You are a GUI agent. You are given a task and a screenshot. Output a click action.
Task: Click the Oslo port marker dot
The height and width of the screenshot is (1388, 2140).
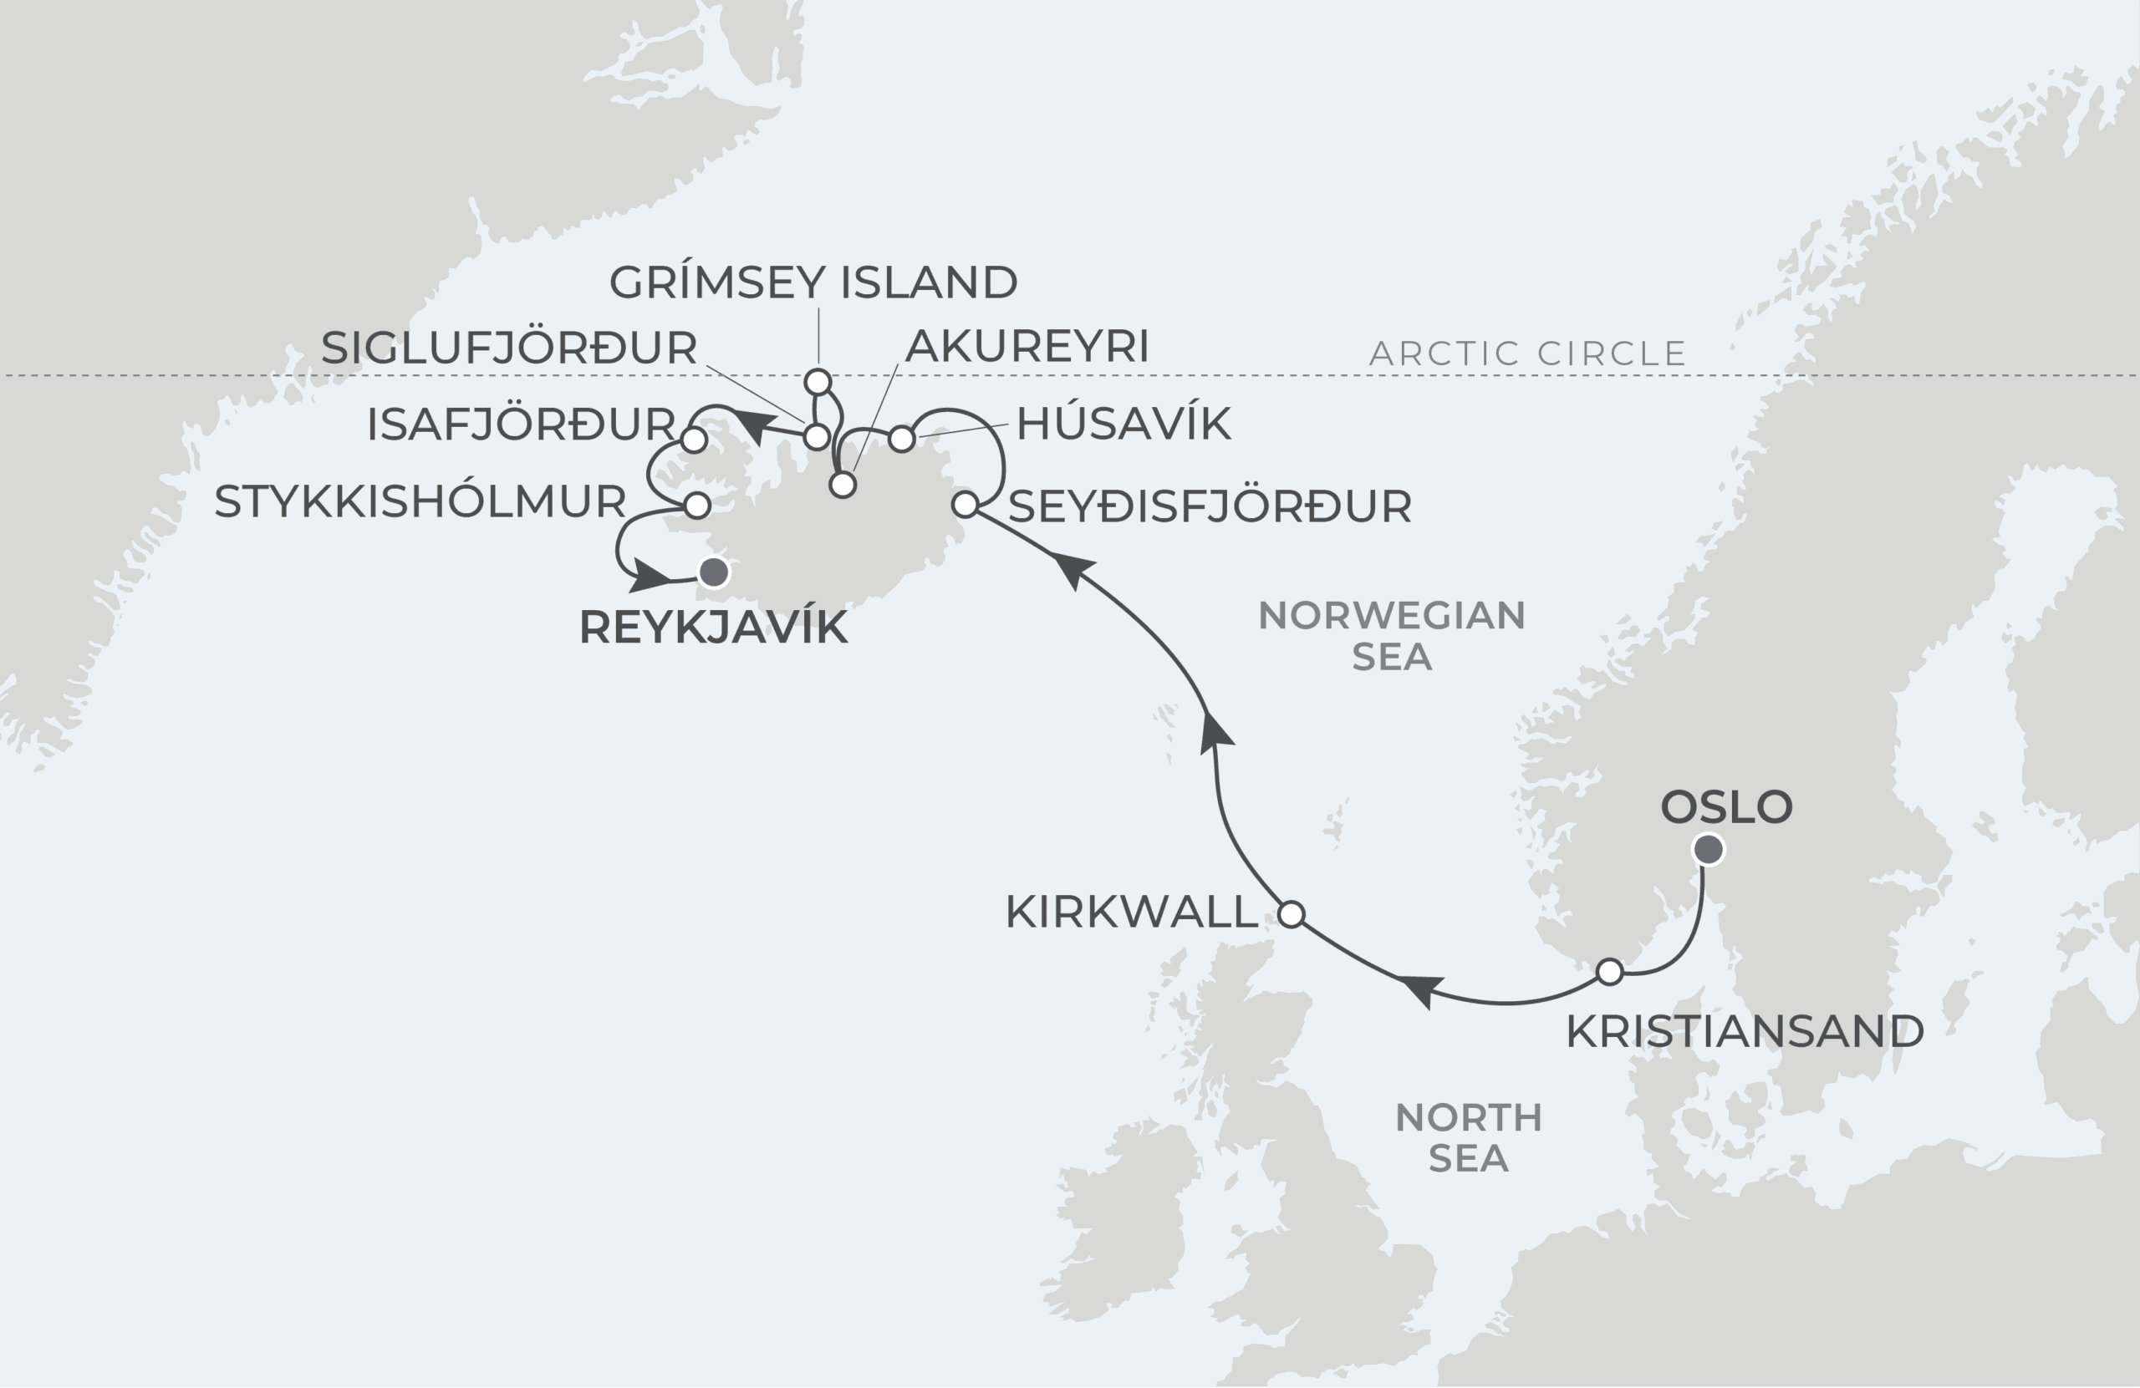(1709, 849)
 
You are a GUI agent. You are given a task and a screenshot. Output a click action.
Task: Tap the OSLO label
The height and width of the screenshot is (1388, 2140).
(1726, 806)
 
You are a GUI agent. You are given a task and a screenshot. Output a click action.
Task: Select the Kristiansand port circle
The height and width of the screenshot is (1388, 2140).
(1609, 972)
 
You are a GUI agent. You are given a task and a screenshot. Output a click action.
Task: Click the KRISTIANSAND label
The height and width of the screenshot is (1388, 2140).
(1745, 1031)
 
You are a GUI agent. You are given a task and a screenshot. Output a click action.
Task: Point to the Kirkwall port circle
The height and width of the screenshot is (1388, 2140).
(1292, 914)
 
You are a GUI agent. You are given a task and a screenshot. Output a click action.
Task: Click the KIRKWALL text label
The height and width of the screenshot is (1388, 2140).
(1131, 913)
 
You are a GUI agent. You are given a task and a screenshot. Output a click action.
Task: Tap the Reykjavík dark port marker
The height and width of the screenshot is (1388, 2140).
(714, 572)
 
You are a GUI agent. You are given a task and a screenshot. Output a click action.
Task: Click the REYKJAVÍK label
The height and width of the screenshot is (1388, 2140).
(713, 628)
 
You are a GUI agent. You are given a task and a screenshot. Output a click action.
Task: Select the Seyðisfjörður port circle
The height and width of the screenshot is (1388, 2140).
(965, 505)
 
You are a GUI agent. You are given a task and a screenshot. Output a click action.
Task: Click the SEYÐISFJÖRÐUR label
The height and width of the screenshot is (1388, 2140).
(1210, 507)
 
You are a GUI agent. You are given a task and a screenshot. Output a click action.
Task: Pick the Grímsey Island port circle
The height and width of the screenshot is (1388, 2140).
(818, 382)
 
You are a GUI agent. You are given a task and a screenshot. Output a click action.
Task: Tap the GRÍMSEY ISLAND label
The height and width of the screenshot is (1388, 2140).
(813, 282)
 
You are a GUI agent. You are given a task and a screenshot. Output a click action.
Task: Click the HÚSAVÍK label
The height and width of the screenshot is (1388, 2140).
(1123, 424)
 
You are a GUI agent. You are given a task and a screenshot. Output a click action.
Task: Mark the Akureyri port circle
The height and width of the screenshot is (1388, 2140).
(843, 486)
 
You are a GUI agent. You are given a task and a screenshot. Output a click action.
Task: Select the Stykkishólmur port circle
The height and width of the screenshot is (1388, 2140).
(698, 505)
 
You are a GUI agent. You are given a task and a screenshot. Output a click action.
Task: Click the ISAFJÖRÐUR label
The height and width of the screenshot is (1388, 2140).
(521, 425)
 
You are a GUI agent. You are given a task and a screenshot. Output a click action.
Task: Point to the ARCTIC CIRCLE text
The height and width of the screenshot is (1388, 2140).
(1526, 353)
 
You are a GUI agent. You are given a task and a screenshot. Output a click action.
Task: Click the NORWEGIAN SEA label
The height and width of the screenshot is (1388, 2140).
(1391, 636)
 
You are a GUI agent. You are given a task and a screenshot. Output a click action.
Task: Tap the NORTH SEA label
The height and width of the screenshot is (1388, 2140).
(1469, 1137)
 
